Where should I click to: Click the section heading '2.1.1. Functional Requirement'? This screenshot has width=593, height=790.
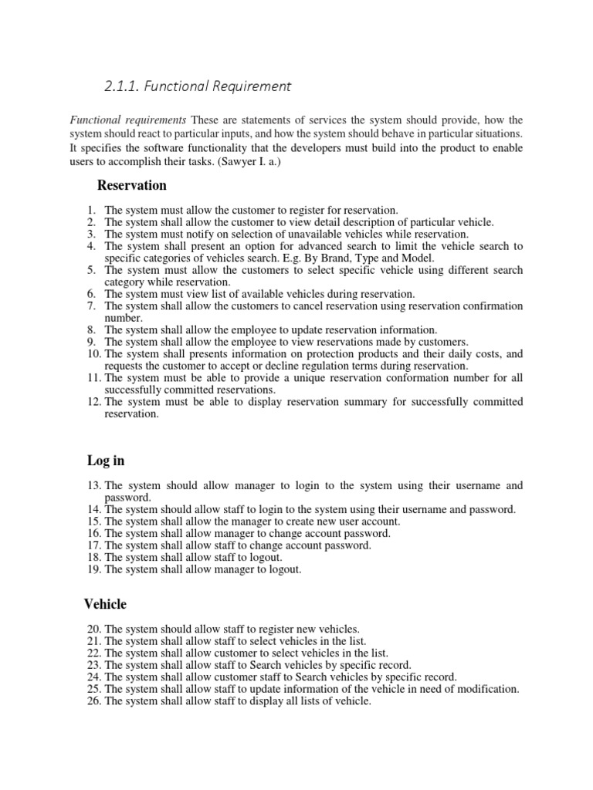198,86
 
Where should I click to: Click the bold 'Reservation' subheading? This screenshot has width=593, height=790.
131,185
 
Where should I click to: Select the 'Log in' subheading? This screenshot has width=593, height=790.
106,461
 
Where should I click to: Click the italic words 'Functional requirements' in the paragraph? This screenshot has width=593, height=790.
128,120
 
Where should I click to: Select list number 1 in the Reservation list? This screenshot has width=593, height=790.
91,210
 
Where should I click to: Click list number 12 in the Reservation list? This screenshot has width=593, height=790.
93,402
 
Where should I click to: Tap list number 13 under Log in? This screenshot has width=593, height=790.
93,485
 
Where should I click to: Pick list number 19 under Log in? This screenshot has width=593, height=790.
93,569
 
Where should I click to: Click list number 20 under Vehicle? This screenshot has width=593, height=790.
93,629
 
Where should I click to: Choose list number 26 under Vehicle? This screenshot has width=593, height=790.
93,701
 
